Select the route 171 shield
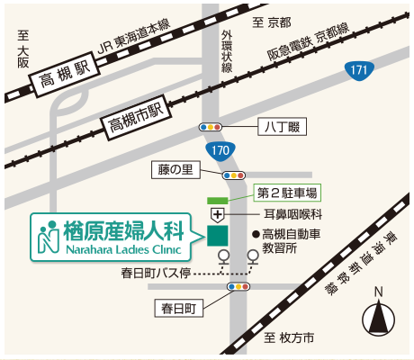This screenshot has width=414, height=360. click(x=360, y=69)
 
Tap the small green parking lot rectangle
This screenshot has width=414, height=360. click(x=218, y=198)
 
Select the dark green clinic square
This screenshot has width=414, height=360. click(x=218, y=235)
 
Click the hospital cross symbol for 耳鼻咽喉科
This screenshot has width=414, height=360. click(x=218, y=214)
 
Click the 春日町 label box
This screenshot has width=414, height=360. click(x=179, y=309)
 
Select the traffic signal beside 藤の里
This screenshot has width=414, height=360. click(x=233, y=175)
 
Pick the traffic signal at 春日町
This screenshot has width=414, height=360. click(x=238, y=287)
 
